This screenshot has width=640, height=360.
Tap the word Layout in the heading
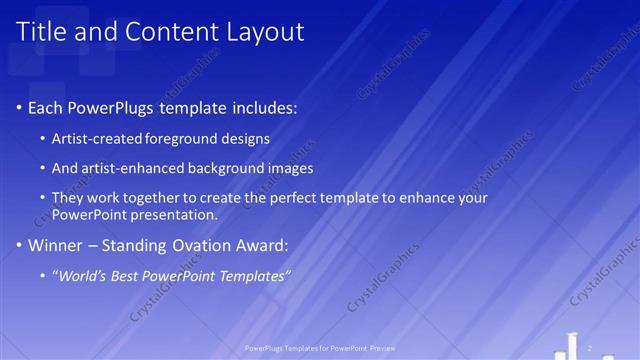click(262, 32)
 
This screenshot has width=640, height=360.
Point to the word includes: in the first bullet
click(261, 108)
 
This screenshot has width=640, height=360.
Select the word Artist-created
click(98, 138)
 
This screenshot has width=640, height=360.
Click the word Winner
click(54, 244)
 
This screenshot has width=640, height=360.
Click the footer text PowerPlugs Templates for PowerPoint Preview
click(319, 349)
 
